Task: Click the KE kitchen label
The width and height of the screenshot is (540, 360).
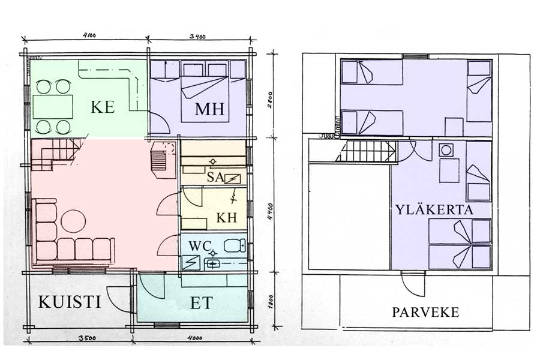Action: click(103, 107)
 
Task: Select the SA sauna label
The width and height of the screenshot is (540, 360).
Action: click(215, 177)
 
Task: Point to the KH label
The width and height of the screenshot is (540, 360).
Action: click(227, 218)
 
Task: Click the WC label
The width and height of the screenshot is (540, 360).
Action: click(200, 246)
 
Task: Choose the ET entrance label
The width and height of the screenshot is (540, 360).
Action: click(202, 303)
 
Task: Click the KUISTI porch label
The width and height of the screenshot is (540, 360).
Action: click(70, 302)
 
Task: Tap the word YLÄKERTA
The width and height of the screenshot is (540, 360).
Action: click(434, 210)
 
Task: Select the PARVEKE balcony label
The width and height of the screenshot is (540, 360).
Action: click(425, 312)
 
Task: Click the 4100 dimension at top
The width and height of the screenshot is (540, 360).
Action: click(89, 35)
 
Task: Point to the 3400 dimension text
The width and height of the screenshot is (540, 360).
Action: click(197, 36)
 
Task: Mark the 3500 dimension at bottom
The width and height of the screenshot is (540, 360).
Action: click(87, 338)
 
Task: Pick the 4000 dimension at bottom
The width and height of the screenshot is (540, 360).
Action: click(194, 338)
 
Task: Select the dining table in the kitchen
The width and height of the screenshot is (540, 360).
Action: click(53, 107)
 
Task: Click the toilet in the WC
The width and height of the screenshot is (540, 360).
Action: click(235, 246)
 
